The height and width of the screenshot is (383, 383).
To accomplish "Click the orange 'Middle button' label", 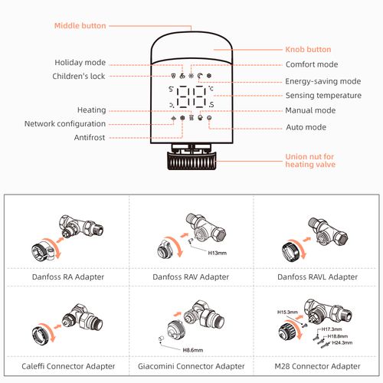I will point(80,25).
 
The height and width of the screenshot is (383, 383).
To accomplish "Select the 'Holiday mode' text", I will point(80,62).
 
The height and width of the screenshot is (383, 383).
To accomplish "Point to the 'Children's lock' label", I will point(80,76).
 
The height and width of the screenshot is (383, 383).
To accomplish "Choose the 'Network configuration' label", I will point(65,123).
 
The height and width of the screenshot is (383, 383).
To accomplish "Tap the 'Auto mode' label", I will point(306,126).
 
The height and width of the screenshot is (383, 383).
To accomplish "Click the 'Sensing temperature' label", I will point(322,96).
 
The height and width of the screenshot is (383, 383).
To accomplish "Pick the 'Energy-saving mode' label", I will point(322,80).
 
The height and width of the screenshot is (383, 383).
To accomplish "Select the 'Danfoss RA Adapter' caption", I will point(67,276).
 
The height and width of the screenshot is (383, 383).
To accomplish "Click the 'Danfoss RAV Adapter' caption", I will point(191,276).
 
